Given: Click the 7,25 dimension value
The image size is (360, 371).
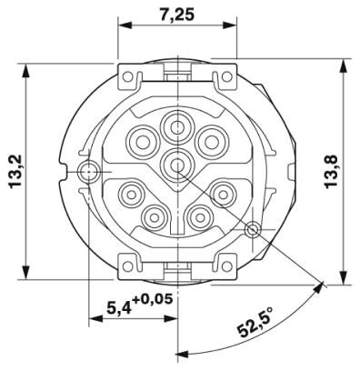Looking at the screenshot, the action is point(176,15).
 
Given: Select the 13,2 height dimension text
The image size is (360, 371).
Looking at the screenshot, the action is point(15,172).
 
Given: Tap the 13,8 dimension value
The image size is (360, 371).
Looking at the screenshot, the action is point(332,171).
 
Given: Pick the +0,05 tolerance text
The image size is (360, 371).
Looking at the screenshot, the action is point(153,300).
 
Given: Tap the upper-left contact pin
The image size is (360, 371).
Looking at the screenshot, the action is point(142,141).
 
